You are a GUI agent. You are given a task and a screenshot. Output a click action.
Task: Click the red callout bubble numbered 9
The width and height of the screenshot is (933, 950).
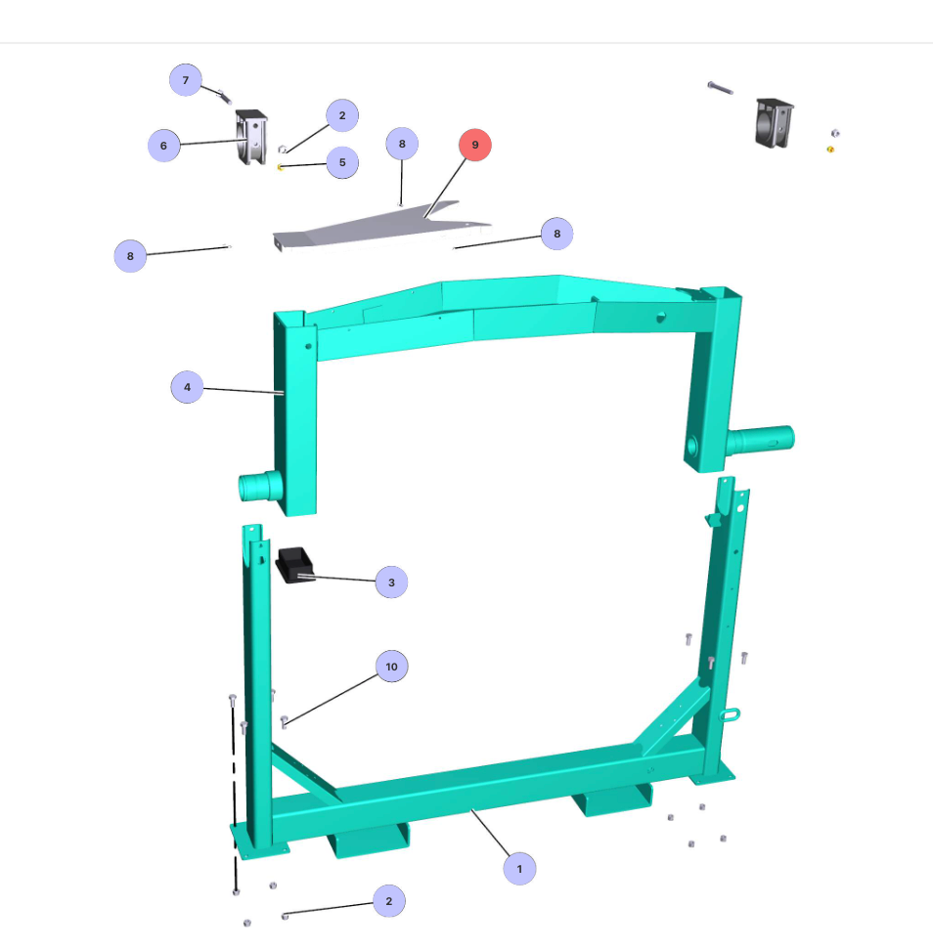click(x=474, y=145)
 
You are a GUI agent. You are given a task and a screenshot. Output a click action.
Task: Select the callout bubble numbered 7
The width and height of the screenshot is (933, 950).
click(x=186, y=80)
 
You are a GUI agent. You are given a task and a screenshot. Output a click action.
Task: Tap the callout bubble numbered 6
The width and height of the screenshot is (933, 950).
click(x=163, y=146)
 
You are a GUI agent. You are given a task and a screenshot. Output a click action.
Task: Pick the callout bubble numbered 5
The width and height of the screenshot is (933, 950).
click(x=342, y=162)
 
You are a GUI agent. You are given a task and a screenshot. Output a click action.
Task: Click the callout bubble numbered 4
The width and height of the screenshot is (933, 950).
click(x=187, y=387)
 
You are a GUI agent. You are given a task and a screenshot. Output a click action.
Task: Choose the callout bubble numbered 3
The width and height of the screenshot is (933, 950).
click(x=391, y=583)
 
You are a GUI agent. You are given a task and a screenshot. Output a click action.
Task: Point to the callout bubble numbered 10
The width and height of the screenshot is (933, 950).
click(x=391, y=667)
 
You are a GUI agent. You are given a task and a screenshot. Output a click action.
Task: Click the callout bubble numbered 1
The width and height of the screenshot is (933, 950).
click(x=519, y=869)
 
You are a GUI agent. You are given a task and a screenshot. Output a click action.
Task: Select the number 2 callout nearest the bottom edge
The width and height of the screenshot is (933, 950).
click(x=388, y=901)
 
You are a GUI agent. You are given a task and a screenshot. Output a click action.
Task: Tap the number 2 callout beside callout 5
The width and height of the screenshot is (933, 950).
click(x=342, y=115)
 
